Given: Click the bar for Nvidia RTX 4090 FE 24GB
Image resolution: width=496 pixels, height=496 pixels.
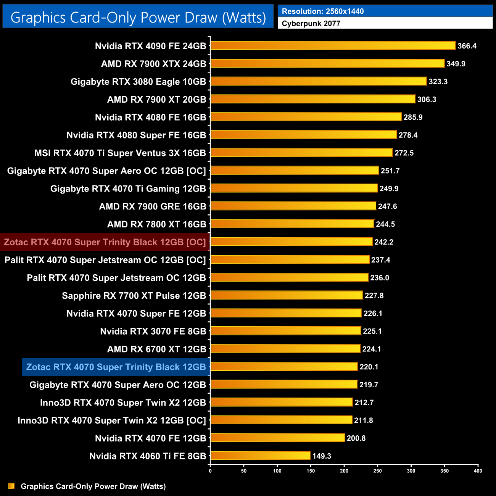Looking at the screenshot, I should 333,46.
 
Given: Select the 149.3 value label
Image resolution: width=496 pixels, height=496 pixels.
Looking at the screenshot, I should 322,456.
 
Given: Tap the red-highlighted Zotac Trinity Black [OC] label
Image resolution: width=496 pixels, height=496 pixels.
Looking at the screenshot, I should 105,242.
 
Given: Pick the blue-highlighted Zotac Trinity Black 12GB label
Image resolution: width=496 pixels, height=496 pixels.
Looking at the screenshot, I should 116,367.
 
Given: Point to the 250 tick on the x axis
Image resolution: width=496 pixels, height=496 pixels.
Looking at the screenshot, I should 378,471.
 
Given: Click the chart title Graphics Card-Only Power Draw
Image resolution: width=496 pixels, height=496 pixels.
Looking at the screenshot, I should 138,18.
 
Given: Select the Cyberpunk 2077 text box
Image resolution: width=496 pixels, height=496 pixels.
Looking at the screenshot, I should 385,23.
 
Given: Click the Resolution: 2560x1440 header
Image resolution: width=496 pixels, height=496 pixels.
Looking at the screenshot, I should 385,11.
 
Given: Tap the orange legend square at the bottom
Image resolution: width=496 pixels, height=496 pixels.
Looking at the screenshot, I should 11,486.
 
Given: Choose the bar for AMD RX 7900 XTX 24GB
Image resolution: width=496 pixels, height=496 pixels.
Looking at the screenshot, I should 328,63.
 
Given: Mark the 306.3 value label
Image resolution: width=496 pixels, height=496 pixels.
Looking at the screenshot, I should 427,99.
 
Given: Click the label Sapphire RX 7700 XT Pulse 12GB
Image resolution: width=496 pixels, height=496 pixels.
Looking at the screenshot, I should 134,296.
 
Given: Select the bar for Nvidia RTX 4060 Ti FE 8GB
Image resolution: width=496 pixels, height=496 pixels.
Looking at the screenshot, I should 260,456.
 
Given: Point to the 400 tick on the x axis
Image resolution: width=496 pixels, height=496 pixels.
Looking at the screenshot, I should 478,471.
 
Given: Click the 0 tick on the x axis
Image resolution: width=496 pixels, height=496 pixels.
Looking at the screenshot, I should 210,471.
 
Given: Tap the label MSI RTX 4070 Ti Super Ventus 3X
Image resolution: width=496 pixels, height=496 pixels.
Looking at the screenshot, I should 120,153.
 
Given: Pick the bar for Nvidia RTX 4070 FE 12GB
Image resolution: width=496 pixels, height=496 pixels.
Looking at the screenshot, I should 278,438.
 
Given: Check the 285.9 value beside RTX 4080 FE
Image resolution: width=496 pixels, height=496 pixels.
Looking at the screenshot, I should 413,117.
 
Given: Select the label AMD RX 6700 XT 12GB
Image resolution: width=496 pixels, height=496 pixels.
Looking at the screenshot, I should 156,349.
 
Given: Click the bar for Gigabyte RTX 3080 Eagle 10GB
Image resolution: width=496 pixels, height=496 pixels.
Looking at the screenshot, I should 319,81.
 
